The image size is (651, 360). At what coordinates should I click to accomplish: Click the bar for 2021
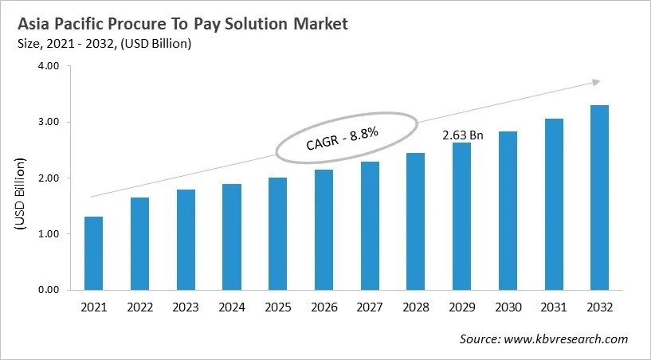[x=93, y=253]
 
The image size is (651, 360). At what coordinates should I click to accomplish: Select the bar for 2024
[x=232, y=237]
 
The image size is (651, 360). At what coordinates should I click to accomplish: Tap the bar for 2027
[x=370, y=226]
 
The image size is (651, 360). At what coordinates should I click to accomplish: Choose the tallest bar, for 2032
[x=599, y=198]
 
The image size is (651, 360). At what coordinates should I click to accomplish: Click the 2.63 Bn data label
[x=462, y=135]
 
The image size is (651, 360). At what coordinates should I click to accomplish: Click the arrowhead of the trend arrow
[x=594, y=81]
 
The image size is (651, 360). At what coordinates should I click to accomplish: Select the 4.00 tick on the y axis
[x=49, y=66]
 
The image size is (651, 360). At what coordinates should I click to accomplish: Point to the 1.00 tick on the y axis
[x=49, y=234]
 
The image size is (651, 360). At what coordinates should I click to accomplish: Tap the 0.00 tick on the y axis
[x=49, y=290]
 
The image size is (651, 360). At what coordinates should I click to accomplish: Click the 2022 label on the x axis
[x=139, y=307]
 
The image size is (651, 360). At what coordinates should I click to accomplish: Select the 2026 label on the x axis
[x=324, y=307]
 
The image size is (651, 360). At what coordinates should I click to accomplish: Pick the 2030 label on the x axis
[x=508, y=307]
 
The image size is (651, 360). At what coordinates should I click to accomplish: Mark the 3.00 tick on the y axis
[x=49, y=122]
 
